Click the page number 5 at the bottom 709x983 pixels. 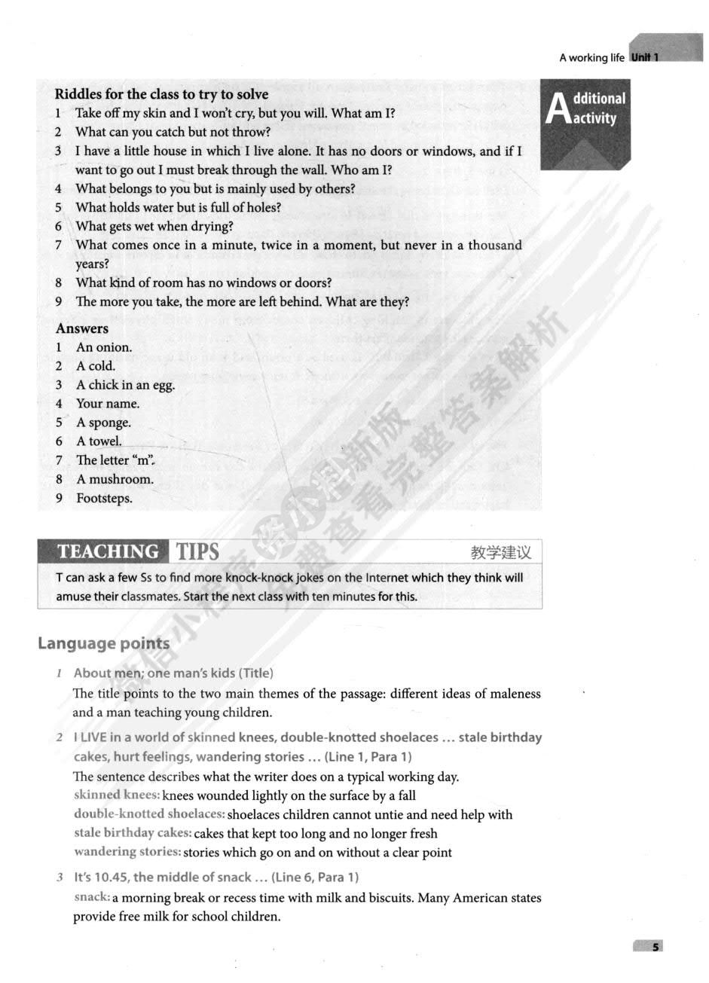(x=656, y=947)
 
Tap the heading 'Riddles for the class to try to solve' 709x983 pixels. (x=161, y=94)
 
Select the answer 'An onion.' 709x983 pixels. (x=104, y=347)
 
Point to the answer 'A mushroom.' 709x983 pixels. (x=115, y=479)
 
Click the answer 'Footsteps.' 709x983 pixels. (x=104, y=498)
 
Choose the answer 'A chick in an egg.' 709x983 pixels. (x=125, y=385)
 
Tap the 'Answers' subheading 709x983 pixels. (x=81, y=328)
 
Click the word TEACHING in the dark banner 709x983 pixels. (x=108, y=552)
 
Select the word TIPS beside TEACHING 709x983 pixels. (x=197, y=552)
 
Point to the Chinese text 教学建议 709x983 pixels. (x=501, y=553)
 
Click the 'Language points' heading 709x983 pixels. (x=103, y=643)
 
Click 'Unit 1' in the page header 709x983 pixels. (x=645, y=57)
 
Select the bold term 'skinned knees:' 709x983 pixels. (x=117, y=795)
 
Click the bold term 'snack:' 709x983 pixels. (x=93, y=897)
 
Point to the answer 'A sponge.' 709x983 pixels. (x=103, y=423)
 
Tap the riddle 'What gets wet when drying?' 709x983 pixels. (x=154, y=226)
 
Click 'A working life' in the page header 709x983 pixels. (x=591, y=58)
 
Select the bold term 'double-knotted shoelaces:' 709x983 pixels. (x=149, y=814)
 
